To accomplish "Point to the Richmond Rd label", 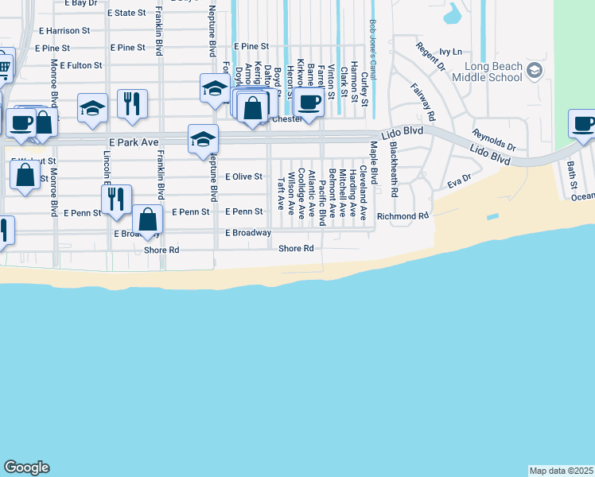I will pos(402,215).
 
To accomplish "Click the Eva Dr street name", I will pos(459,182).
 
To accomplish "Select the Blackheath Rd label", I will pos(394,175).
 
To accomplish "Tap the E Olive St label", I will pos(243,176).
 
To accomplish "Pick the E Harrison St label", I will pos(64,30).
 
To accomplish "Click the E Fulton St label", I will pos(76,65).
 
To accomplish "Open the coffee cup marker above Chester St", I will pos(309,103).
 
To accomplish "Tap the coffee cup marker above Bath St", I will pos(583,124).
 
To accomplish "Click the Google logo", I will pos(26,467).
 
